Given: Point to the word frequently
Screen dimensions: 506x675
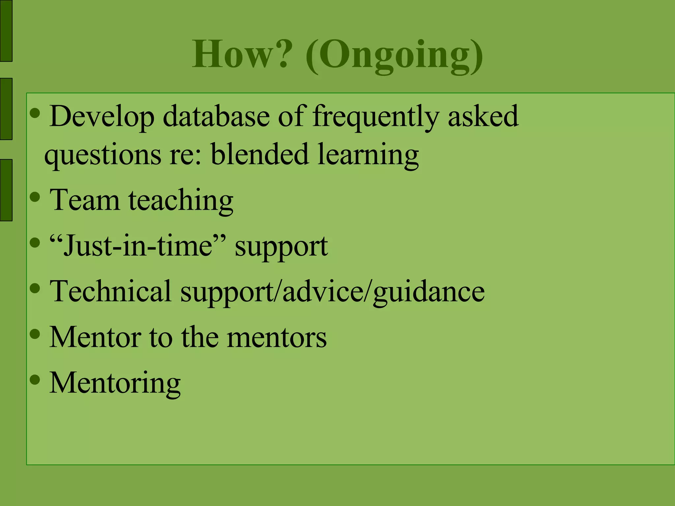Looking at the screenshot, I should point(376,117).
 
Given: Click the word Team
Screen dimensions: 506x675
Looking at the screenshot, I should point(84,200).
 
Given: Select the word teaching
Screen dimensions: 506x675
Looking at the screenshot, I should point(181,201).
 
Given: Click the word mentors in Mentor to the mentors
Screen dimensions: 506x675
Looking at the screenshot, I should point(277,337).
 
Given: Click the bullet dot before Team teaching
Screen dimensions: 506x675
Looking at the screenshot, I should point(35,197).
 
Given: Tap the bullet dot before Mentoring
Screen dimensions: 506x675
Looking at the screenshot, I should point(35,380).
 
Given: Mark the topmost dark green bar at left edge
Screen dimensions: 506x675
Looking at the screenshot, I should point(6,31).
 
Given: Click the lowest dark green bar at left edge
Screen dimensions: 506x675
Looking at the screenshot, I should point(6,190).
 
